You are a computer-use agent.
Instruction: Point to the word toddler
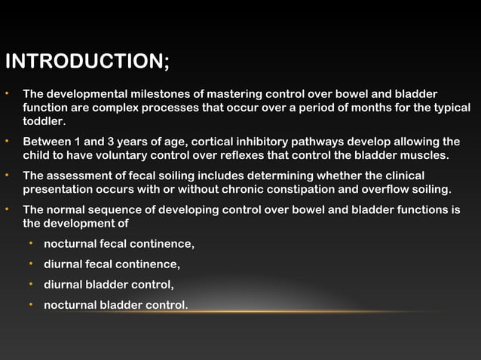(44, 121)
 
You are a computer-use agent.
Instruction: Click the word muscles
(424, 155)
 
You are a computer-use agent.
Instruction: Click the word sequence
(116, 209)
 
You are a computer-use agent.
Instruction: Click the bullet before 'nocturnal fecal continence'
(31, 244)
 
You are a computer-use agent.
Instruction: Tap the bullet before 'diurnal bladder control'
(31, 285)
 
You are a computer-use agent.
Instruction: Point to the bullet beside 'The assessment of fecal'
(7, 175)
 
